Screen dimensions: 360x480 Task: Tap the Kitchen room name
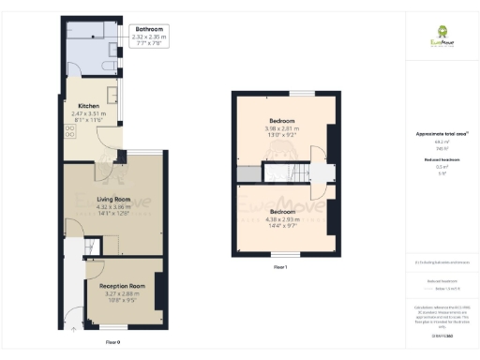pyautogui.click(x=89, y=107)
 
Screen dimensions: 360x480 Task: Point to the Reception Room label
pyautogui.click(x=119, y=286)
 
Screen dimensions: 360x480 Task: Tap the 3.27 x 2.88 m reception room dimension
pyautogui.click(x=119, y=293)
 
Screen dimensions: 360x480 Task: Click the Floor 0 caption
pyautogui.click(x=113, y=342)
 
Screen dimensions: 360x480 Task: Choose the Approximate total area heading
pyautogui.click(x=441, y=135)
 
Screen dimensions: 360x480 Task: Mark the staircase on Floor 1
pyautogui.click(x=280, y=172)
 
